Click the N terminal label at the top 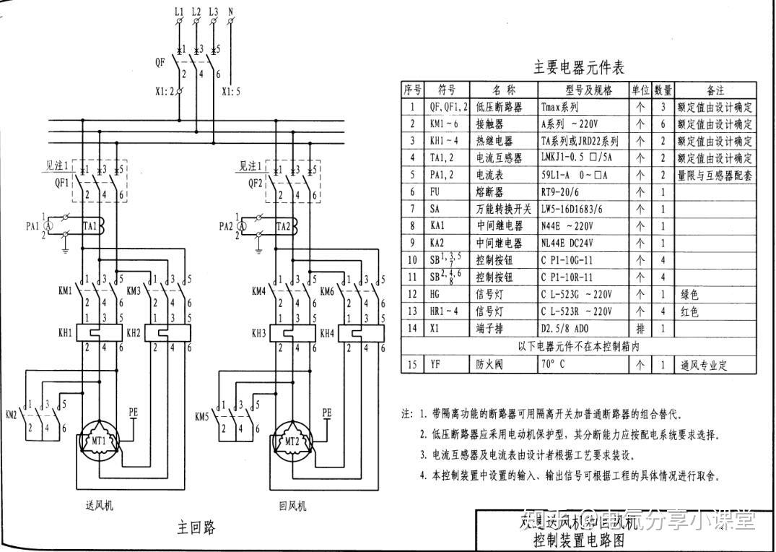coord(230,12)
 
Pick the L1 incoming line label coord(179,12)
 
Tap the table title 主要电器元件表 coord(578,68)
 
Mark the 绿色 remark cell coord(689,295)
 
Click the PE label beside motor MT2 coord(327,412)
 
